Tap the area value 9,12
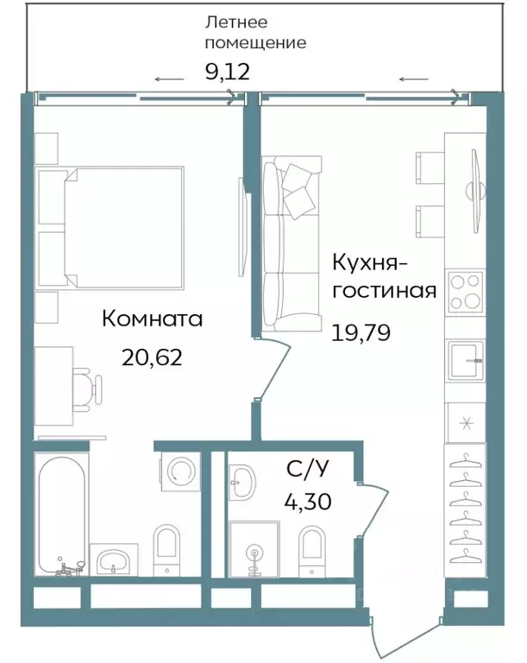click(x=227, y=72)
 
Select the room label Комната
click(x=152, y=319)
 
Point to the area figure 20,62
click(x=153, y=357)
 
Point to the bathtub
click(x=63, y=514)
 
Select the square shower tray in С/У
click(x=254, y=549)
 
